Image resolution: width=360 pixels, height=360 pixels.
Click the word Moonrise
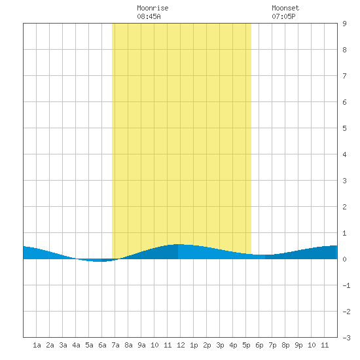[153, 8]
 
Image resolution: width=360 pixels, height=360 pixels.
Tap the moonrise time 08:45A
[149, 16]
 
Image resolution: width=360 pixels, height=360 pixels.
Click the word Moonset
[285, 8]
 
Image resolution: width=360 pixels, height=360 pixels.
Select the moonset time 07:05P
[283, 16]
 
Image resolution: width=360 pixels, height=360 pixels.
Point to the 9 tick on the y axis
[344, 24]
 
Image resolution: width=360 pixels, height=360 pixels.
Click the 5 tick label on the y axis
[344, 128]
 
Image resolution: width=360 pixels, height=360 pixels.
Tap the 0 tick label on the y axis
[344, 259]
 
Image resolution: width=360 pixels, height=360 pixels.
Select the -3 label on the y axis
[346, 338]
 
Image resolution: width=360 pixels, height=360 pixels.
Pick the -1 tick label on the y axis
[346, 285]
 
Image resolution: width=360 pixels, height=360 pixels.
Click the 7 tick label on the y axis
[344, 76]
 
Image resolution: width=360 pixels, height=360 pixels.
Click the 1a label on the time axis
[37, 345]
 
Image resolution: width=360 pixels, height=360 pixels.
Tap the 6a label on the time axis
[102, 345]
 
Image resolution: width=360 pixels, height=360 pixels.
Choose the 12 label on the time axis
[181, 345]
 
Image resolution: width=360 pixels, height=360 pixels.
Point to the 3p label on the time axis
[220, 345]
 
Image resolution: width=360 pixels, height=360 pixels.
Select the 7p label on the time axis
[272, 345]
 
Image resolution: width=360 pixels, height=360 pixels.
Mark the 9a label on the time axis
[141, 345]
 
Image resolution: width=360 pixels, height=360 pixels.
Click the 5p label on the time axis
[246, 345]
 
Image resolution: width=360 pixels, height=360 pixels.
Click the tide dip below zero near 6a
[99, 261]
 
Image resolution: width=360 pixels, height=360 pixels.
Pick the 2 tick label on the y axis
[344, 207]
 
